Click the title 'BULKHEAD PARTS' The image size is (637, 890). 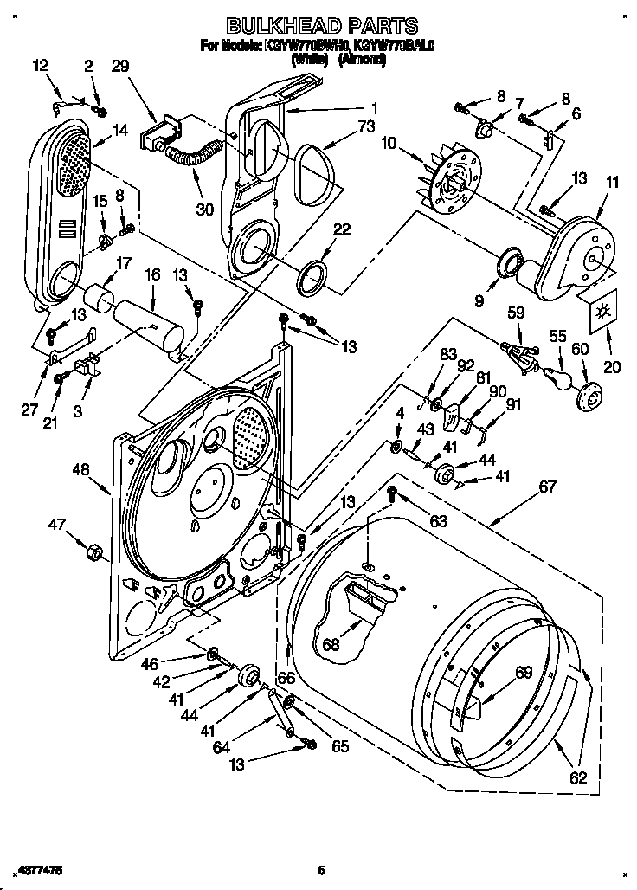tap(309, 26)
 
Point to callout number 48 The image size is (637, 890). tap(81, 470)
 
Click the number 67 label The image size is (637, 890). tap(547, 487)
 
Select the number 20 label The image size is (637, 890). tap(612, 367)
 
